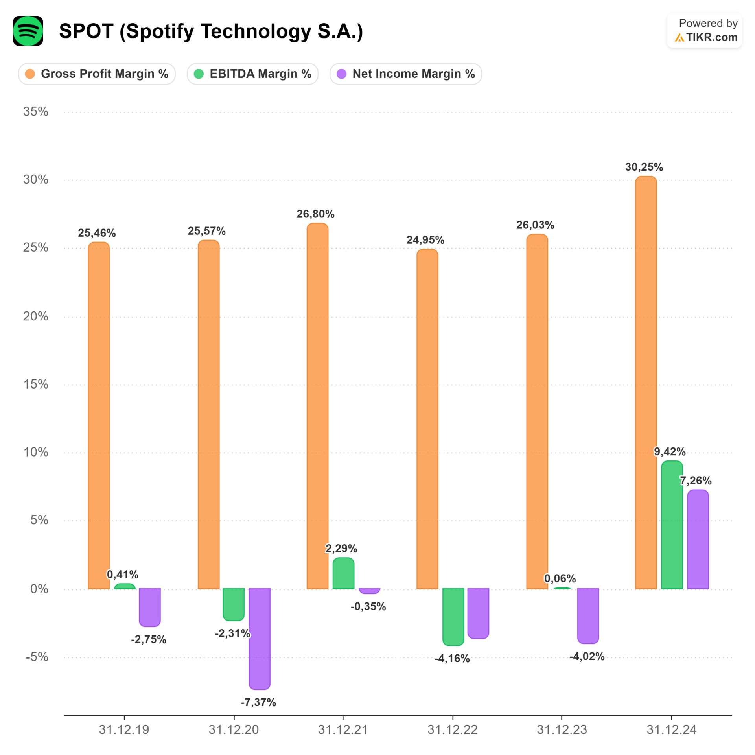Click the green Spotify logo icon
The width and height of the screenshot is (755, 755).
[x=28, y=31]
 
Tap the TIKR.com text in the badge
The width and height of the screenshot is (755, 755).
[x=711, y=37]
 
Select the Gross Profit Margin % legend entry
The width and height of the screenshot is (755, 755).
[x=97, y=74]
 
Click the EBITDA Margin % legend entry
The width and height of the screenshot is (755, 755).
[x=252, y=74]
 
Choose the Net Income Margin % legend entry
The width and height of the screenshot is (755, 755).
[x=406, y=74]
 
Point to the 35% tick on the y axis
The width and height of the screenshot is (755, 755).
[x=36, y=112]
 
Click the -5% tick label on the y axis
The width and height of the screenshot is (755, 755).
[x=37, y=657]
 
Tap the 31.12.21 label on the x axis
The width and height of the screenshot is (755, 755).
[x=343, y=730]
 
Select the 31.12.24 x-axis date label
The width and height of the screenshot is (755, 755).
[x=671, y=730]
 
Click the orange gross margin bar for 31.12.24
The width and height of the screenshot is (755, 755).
[x=646, y=381]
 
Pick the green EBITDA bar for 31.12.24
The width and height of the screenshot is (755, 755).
[x=672, y=525]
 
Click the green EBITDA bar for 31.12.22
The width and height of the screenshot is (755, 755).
[x=453, y=617]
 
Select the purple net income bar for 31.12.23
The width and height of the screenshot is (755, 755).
[x=588, y=616]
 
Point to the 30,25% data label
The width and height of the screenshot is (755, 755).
[x=644, y=167]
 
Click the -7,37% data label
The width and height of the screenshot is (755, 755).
[x=258, y=702]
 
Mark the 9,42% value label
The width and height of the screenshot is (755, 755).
[x=670, y=451]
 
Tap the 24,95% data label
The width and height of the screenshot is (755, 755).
[x=425, y=240]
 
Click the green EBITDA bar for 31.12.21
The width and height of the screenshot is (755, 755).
[x=343, y=573]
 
